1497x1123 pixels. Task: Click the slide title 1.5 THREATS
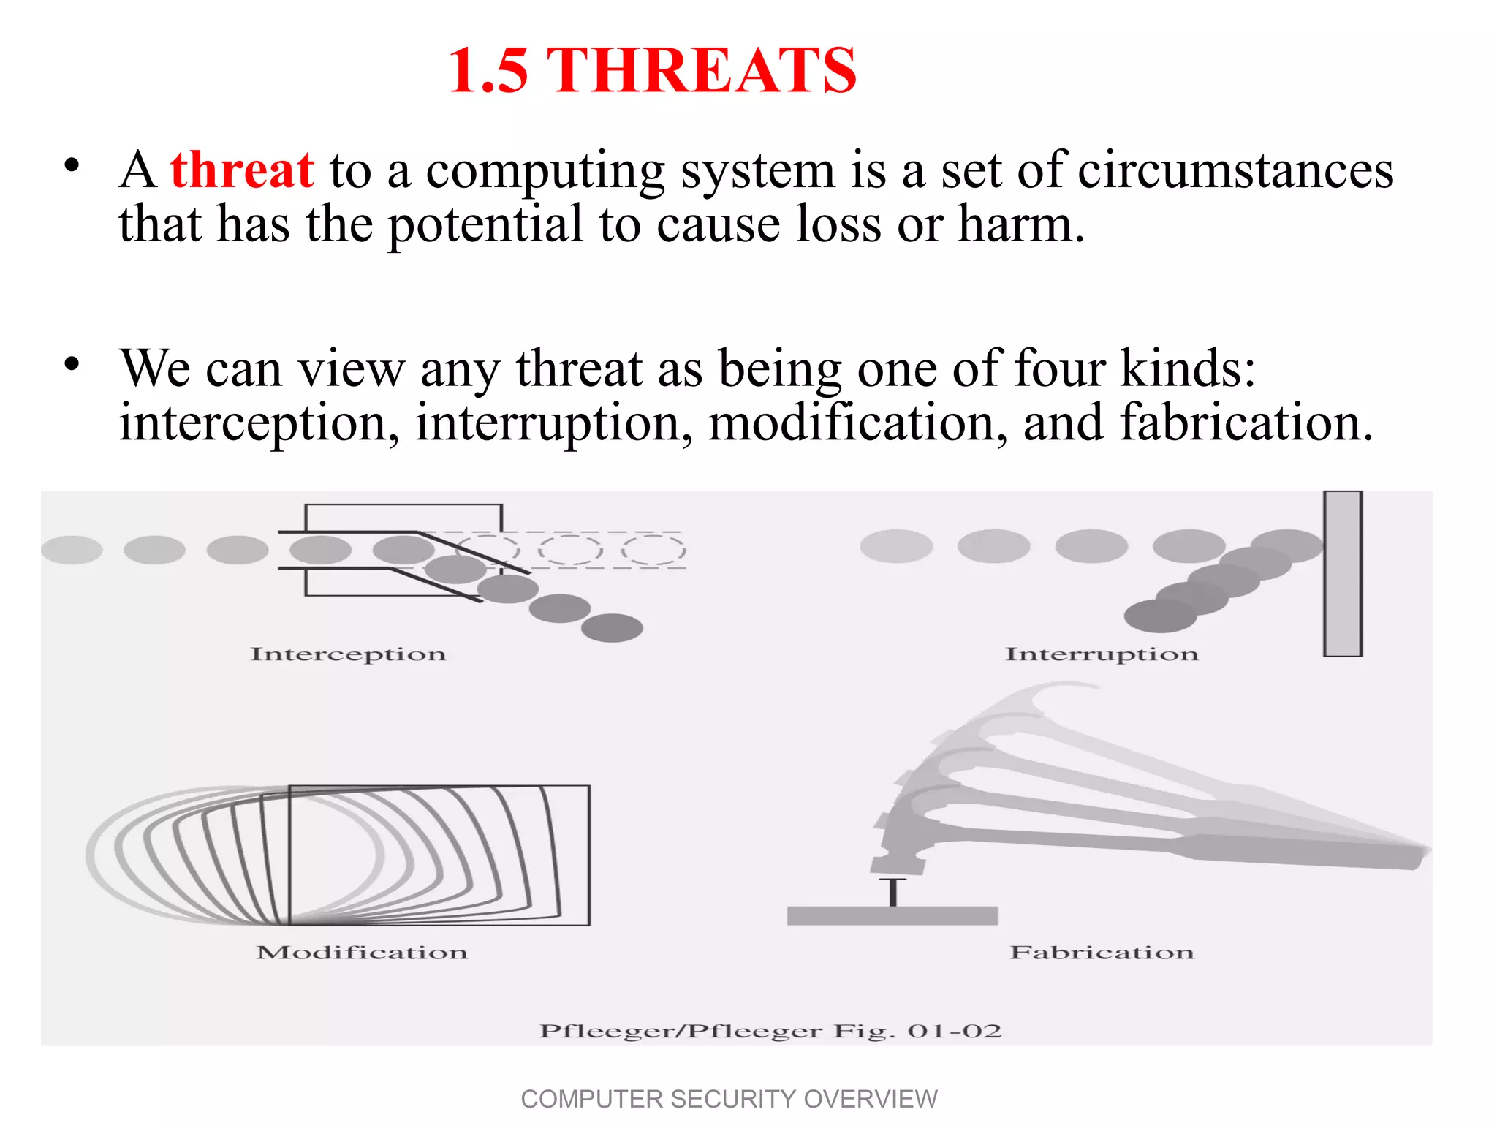tap(652, 70)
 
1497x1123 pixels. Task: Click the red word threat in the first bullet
tap(242, 170)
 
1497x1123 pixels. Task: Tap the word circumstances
tap(1235, 170)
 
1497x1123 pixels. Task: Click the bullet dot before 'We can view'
tap(71, 363)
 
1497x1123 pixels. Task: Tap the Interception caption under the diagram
tap(348, 654)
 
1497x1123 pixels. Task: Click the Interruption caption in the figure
tap(1102, 654)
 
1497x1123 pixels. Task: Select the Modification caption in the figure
tap(362, 953)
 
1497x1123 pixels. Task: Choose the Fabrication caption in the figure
tap(1102, 953)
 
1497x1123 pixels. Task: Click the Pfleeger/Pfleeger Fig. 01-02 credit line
tap(770, 1032)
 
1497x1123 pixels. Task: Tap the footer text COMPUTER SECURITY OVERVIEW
tap(729, 1099)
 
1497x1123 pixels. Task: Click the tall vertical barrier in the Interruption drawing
tap(1343, 574)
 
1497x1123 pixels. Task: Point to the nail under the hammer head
tap(892, 892)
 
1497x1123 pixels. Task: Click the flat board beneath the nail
tap(892, 915)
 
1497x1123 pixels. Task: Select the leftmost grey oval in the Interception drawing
tap(72, 550)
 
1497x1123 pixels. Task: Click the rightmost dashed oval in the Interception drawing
tap(653, 550)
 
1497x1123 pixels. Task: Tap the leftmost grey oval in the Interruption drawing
tap(896, 545)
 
